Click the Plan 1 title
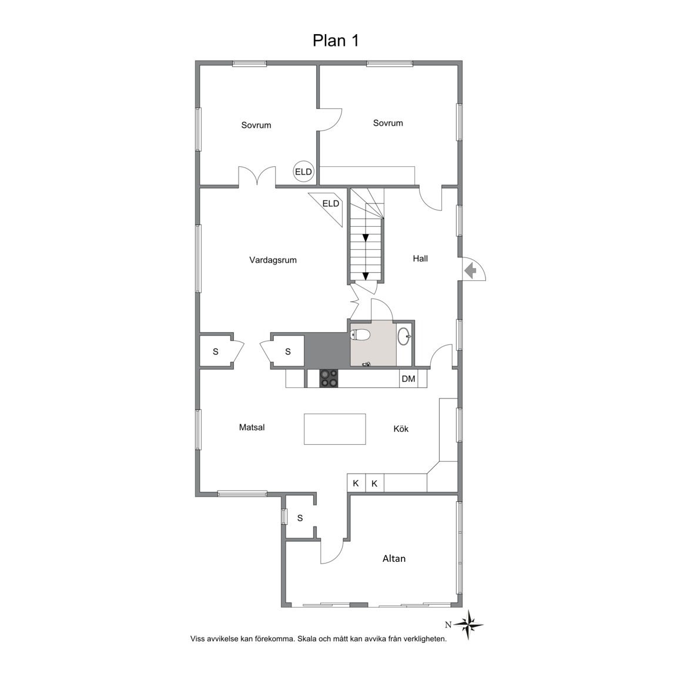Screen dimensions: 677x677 [336, 41]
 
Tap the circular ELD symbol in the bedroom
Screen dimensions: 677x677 [303, 172]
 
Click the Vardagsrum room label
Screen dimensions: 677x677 [273, 260]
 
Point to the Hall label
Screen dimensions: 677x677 [420, 259]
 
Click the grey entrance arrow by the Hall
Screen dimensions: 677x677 [470, 271]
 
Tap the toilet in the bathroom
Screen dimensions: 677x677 [361, 334]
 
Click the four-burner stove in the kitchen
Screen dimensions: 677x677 [329, 378]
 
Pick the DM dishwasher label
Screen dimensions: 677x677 [408, 379]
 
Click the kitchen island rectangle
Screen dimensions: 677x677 [335, 429]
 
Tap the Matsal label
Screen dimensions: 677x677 [252, 427]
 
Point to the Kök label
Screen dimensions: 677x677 [401, 429]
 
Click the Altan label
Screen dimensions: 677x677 [394, 559]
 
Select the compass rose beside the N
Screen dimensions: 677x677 [468, 625]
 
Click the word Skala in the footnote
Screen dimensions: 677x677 [307, 639]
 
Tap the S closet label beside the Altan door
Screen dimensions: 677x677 [300, 518]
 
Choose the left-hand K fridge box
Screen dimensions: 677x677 [356, 483]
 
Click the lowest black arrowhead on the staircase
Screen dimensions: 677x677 [366, 276]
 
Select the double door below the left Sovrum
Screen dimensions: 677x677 [257, 176]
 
